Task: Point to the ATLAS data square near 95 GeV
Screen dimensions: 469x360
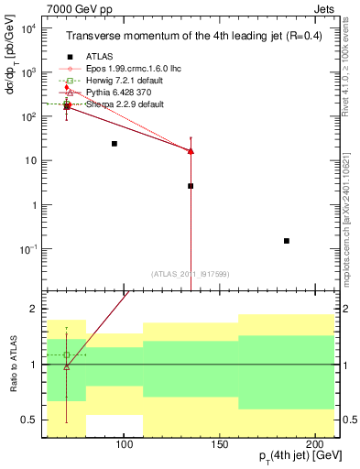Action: point(114,144)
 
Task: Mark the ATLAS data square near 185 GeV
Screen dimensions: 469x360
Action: point(287,241)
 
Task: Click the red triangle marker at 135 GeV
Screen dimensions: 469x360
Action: point(191,151)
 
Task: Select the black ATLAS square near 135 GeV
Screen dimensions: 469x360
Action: point(191,186)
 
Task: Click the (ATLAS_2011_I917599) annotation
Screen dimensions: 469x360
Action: point(191,273)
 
